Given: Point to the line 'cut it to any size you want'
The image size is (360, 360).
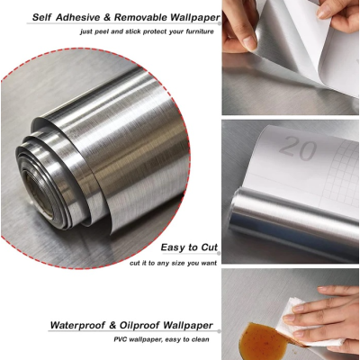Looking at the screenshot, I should coord(172,262).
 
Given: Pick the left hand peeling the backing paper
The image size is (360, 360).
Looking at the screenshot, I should coord(240,27).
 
